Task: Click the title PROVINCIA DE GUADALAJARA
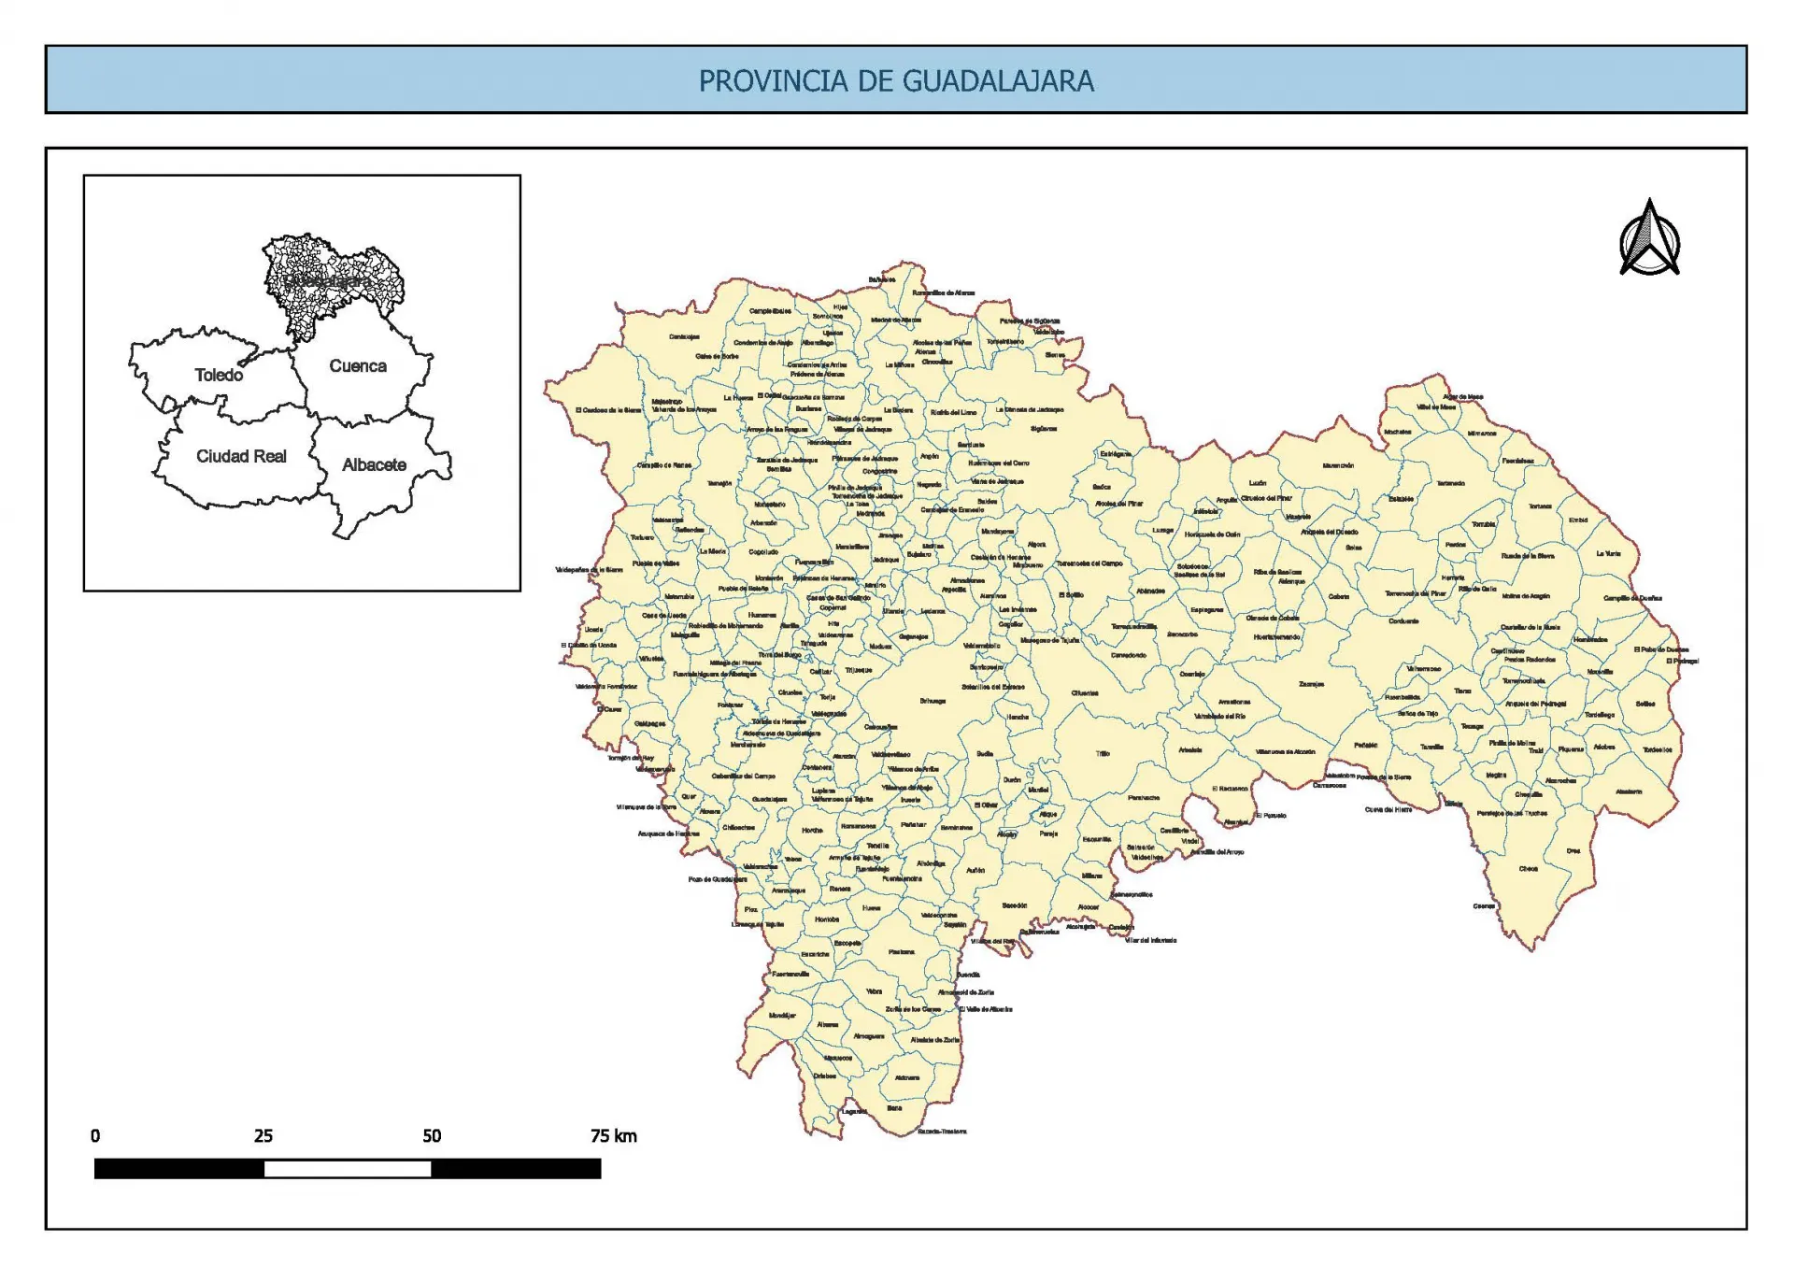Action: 896,80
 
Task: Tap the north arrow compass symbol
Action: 1649,239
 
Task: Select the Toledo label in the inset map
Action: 219,375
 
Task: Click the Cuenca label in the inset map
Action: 358,366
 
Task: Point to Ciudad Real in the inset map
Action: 241,456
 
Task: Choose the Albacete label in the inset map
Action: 374,464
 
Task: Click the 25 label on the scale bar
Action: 263,1136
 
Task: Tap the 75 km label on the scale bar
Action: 613,1136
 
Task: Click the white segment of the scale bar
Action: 348,1168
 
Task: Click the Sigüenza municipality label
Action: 1044,429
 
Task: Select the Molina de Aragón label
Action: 1526,596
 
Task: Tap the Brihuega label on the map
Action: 932,701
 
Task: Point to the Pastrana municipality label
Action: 902,952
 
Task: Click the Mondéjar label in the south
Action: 782,1015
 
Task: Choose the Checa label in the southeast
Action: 1528,869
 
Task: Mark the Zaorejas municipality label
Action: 1311,684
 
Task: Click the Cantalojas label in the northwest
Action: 684,337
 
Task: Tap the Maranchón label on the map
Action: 1338,465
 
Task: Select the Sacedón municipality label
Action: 1015,905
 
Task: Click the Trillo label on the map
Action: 1103,753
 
